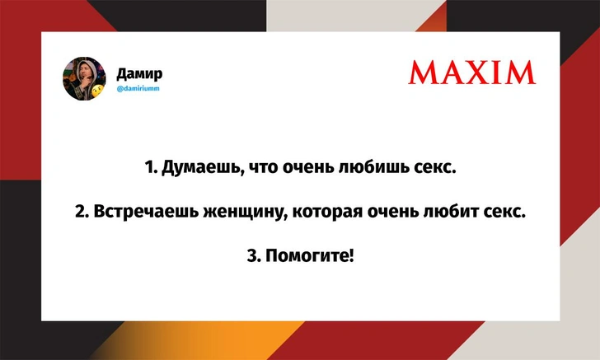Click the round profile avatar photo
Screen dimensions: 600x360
click(84, 79)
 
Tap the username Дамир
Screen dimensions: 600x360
click(139, 73)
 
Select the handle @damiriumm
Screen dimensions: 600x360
click(138, 88)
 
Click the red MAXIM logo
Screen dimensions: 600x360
click(472, 72)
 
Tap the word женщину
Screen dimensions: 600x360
click(245, 213)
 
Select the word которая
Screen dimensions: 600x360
click(327, 213)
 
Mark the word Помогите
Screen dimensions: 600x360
click(310, 255)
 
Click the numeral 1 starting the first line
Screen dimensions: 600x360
click(150, 167)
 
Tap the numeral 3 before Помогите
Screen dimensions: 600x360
click(253, 255)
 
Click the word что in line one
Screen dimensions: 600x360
click(263, 168)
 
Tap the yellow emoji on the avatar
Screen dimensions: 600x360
click(98, 91)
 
